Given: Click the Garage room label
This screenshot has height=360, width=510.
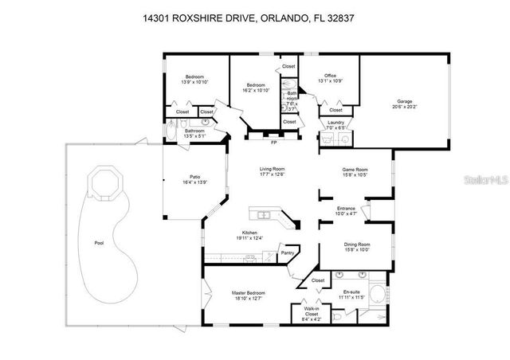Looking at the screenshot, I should tap(404, 101).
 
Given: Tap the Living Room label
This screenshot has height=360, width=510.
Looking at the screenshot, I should tap(272, 170).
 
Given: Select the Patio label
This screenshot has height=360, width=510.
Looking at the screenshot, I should tap(194, 177).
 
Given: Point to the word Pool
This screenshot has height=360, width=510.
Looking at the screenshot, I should tap(99, 243).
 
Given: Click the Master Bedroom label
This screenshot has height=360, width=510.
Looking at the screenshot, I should tap(249, 293).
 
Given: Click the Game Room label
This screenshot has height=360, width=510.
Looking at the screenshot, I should tap(355, 170).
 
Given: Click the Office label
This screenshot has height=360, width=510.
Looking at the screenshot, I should tap(330, 76).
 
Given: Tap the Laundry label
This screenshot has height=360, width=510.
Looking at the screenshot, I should tap(336, 122).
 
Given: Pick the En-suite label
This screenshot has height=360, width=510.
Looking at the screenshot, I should tap(353, 293).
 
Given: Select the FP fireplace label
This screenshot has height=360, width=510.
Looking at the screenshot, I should tap(273, 143).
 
